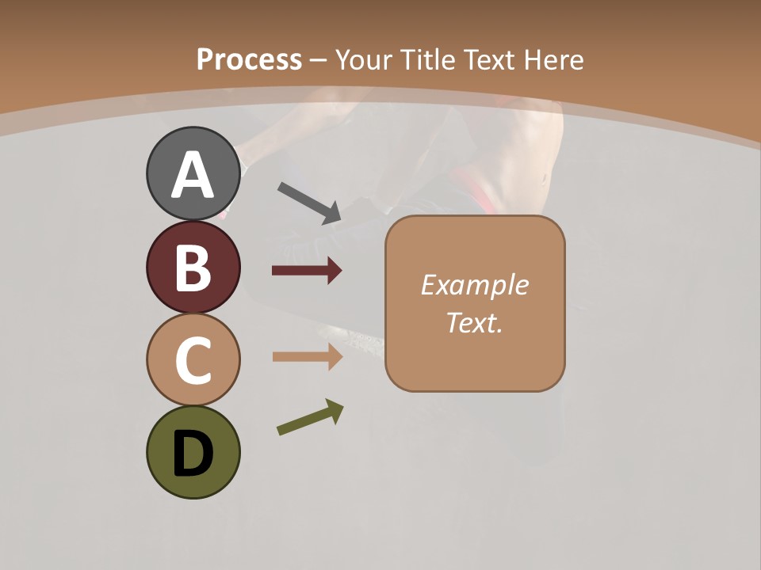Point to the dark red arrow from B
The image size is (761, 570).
(307, 271)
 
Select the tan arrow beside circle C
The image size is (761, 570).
(308, 357)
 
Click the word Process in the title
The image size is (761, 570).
(249, 60)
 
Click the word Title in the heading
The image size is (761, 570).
(429, 60)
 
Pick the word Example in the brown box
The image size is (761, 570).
(474, 285)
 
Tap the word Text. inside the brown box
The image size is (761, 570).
(474, 323)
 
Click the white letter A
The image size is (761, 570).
(193, 176)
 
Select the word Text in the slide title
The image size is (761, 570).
(491, 60)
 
